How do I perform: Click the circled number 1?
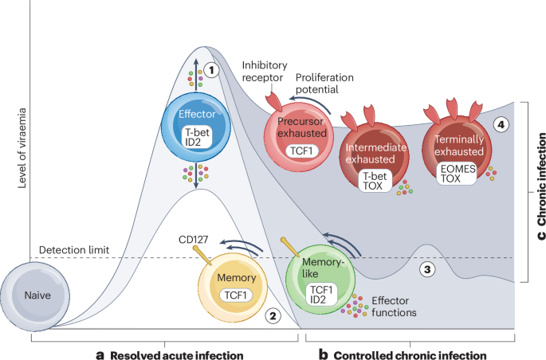point(211,70)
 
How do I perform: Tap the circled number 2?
point(273,316)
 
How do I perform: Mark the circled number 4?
point(500,124)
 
